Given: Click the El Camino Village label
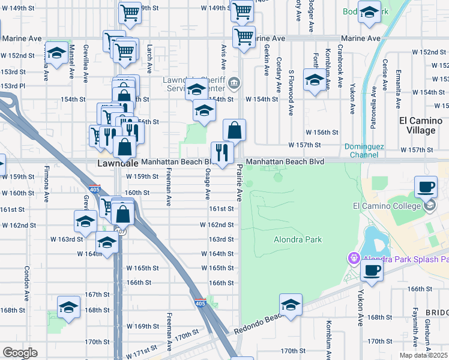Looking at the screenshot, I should (x=420, y=125).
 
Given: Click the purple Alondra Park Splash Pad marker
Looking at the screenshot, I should (x=354, y=258).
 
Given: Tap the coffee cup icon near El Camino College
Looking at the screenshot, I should (x=426, y=187).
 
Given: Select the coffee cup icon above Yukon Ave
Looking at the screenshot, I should (x=372, y=271).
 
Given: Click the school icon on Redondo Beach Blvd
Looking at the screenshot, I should (x=291, y=305).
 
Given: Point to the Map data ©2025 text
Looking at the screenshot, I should (x=423, y=355).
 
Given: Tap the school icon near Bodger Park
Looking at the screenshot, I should (x=370, y=11).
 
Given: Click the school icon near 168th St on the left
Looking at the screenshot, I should (x=69, y=307).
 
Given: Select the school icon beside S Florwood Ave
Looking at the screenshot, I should (x=315, y=80).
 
